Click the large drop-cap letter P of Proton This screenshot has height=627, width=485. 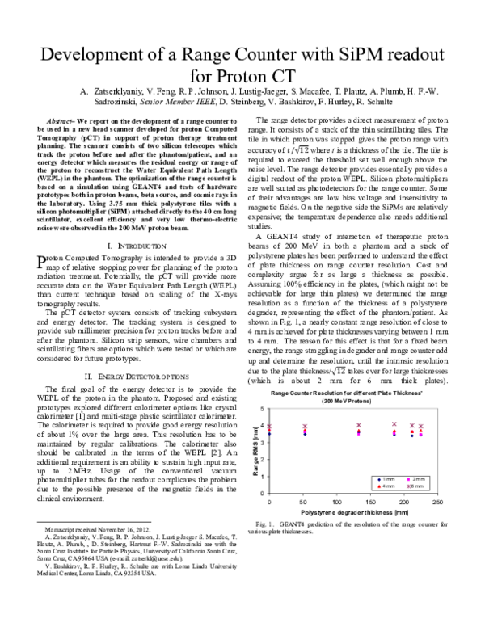pos(44,261)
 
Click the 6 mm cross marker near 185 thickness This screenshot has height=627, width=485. pos(394,423)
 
